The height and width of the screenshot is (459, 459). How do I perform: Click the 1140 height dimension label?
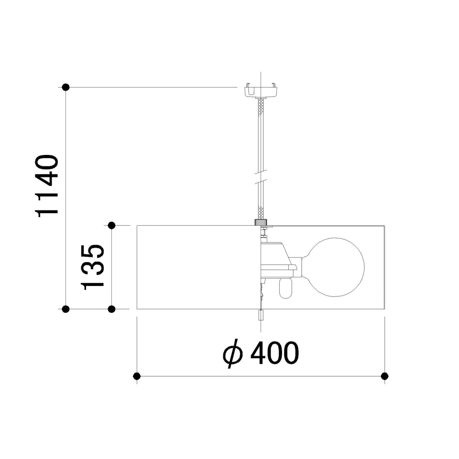tap(47, 186)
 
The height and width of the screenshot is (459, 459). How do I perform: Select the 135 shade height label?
tap(92, 267)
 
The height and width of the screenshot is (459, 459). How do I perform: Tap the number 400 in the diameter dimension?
tap(275, 353)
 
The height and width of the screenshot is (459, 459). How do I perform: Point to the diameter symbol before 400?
tap(233, 354)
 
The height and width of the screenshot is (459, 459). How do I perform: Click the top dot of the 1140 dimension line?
tap(66, 87)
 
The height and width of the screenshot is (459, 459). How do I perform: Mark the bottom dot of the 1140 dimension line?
tap(66, 309)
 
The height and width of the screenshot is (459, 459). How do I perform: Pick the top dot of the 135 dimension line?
tap(111, 225)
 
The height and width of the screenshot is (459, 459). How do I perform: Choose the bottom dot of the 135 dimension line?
tap(111, 309)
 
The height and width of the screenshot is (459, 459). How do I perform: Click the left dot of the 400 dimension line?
tap(137, 376)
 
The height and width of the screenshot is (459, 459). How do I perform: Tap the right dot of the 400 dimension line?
tap(384, 376)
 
